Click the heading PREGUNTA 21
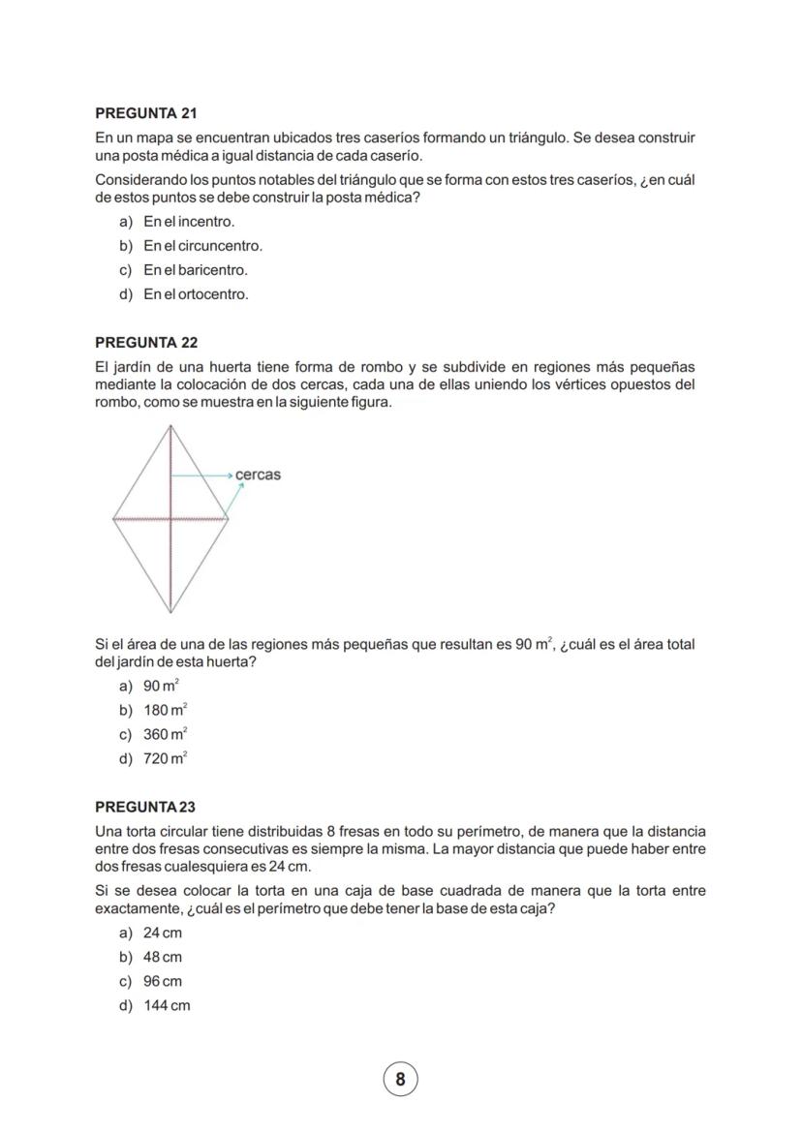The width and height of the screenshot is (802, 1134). click(x=146, y=113)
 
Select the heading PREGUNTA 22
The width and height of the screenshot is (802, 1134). click(x=146, y=343)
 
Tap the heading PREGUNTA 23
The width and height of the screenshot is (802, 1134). click(x=145, y=807)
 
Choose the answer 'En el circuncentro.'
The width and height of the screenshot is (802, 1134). click(x=202, y=246)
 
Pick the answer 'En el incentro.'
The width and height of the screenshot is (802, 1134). click(x=189, y=222)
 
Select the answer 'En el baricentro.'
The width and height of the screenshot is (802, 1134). click(x=196, y=270)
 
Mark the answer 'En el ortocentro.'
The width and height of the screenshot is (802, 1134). click(x=196, y=294)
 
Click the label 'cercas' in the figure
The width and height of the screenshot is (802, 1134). click(x=258, y=475)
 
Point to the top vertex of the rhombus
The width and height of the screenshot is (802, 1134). click(x=171, y=427)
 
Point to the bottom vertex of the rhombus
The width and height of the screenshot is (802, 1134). click(x=170, y=612)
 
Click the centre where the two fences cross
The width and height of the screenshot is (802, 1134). click(x=171, y=518)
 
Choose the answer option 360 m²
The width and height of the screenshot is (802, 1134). click(x=166, y=735)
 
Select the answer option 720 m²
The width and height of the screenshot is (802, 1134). click(x=166, y=759)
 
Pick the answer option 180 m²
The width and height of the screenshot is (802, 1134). click(x=166, y=711)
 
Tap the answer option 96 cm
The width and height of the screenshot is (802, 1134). click(x=163, y=981)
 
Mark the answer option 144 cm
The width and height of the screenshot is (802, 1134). click(x=167, y=1005)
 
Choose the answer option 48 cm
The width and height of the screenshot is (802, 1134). click(x=163, y=957)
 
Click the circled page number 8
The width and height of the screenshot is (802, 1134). click(x=400, y=1078)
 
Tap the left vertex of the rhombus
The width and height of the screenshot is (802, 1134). click(x=113, y=518)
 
